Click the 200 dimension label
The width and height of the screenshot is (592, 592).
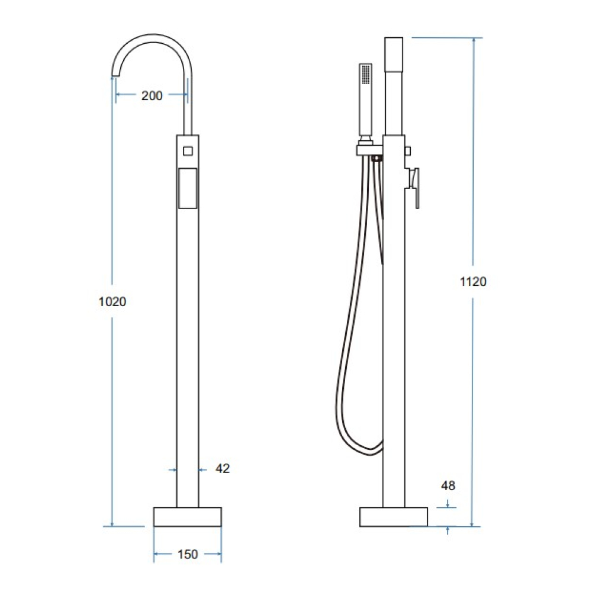click(152, 95)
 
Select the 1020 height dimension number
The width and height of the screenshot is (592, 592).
click(112, 302)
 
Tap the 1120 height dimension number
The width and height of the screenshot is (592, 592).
click(473, 281)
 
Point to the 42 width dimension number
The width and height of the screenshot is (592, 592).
click(223, 468)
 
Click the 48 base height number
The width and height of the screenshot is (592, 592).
click(448, 485)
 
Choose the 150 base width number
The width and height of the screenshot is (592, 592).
click(188, 554)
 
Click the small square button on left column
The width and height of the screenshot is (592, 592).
click(188, 151)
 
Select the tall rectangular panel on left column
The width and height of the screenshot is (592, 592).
click(188, 188)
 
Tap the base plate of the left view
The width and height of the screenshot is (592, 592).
click(188, 517)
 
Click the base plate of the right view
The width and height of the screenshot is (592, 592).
click(394, 517)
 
